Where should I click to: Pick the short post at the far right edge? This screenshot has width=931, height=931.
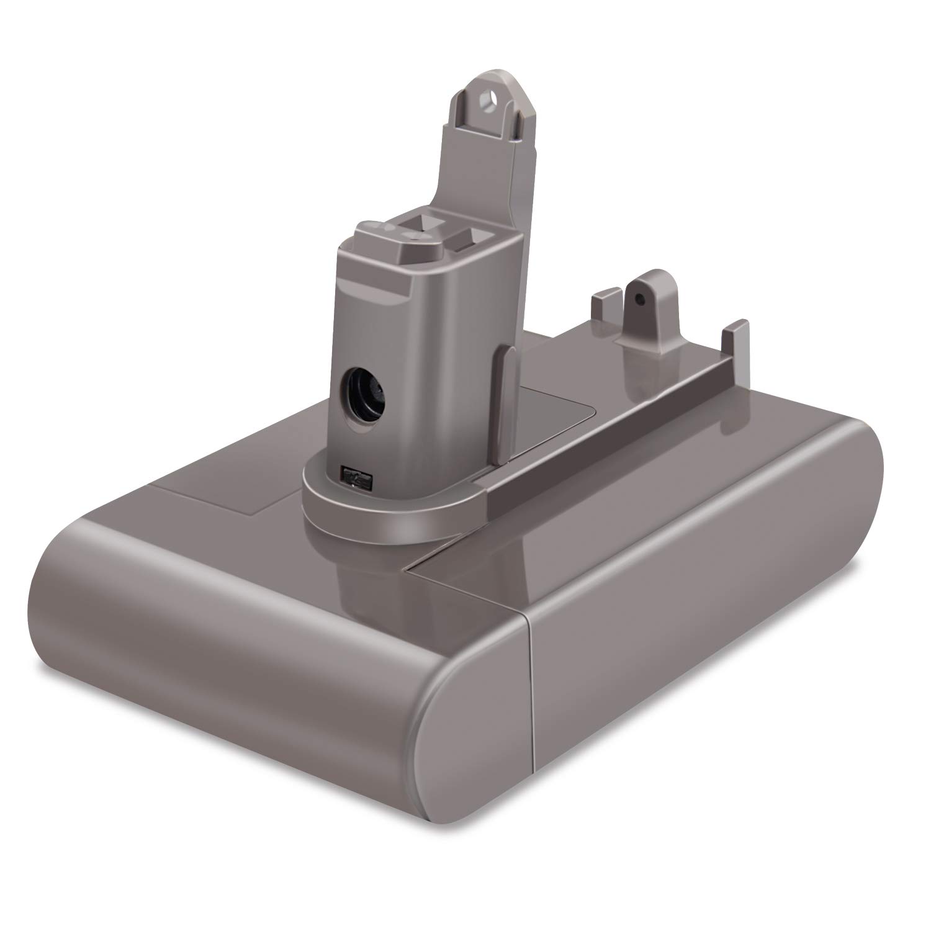(734, 341)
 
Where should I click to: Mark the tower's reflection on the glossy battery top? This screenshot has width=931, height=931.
(366, 577)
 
